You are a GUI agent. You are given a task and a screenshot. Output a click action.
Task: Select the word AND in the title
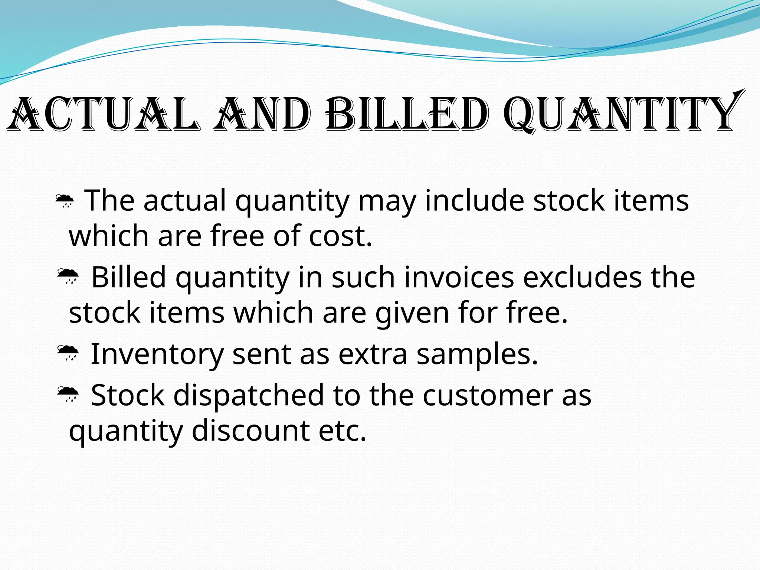262,114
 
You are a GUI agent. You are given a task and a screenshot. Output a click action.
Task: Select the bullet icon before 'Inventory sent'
68,353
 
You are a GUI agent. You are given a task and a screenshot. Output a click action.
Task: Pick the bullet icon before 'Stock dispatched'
68,394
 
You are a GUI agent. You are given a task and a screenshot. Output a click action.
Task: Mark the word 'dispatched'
249,395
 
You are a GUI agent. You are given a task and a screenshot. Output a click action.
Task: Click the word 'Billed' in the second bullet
128,277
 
